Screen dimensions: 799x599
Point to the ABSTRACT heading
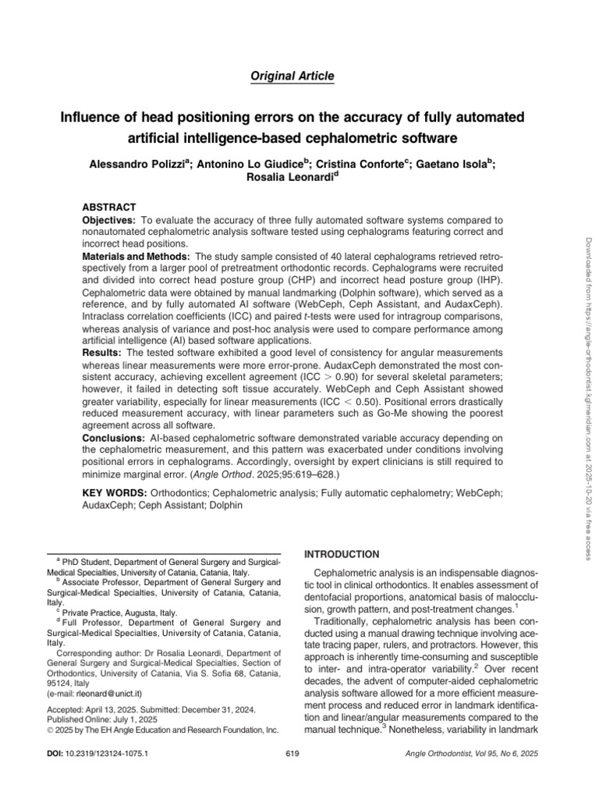pyautogui.click(x=109, y=207)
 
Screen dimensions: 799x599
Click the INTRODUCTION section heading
pyautogui.click(x=342, y=554)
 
